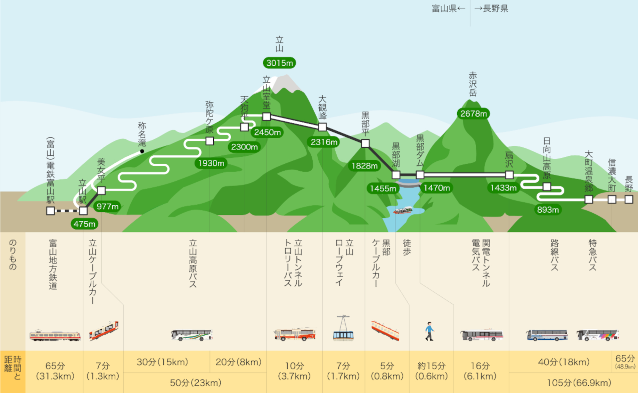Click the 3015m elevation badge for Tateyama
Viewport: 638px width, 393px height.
(x=279, y=63)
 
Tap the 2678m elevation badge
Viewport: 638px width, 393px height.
(x=473, y=114)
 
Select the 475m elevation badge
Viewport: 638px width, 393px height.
(x=84, y=224)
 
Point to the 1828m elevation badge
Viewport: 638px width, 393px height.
(x=365, y=166)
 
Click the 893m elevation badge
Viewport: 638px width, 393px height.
(x=548, y=210)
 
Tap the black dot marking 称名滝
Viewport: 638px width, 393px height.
(x=142, y=151)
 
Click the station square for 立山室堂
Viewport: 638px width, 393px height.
(x=266, y=117)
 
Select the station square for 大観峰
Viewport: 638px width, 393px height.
(x=322, y=127)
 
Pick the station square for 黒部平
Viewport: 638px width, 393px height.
(x=365, y=143)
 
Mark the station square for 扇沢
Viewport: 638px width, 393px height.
(x=509, y=175)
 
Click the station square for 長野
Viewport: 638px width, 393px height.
(x=628, y=199)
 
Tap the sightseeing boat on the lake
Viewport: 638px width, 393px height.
(x=403, y=210)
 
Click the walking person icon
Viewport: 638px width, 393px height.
(x=429, y=331)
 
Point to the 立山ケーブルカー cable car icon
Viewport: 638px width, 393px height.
(x=104, y=331)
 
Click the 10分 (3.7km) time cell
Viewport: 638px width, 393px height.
(x=294, y=371)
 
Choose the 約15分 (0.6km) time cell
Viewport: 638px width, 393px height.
(x=431, y=371)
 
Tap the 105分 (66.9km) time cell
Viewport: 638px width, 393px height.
(x=579, y=383)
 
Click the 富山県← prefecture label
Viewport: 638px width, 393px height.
(x=448, y=9)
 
